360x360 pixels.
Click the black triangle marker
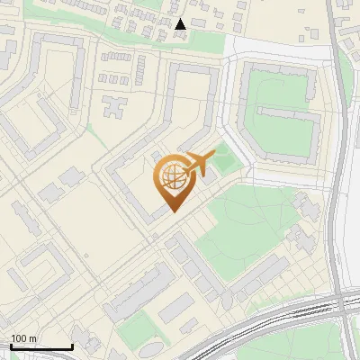click(x=181, y=25)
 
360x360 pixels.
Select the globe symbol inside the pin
click(x=175, y=177)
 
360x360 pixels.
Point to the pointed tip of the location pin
click(x=175, y=212)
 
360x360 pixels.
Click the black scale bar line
click(x=41, y=347)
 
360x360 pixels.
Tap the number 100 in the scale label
click(x=19, y=338)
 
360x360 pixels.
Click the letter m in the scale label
click(x=32, y=338)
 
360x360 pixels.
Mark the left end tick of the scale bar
click(x=11, y=346)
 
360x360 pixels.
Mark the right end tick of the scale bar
click(x=72, y=346)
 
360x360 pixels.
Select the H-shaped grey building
click(x=115, y=107)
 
